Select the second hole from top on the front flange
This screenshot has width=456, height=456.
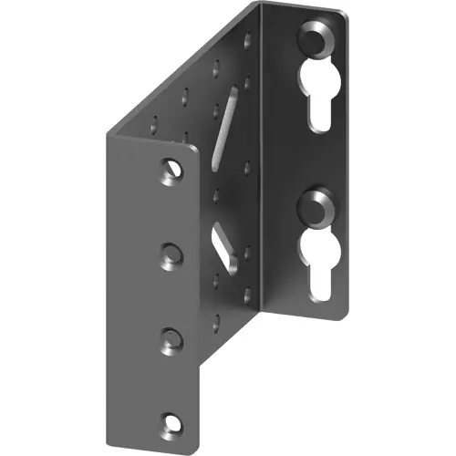(x=169, y=251)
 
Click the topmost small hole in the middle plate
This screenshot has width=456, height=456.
(x=246, y=37)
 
